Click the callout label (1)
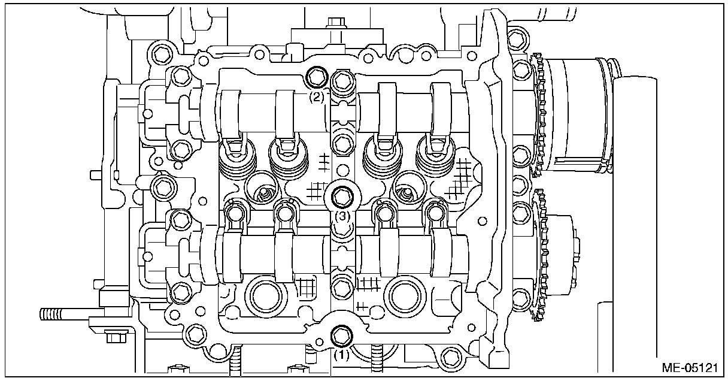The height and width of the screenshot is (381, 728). (341, 355)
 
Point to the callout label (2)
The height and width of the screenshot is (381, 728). (316, 95)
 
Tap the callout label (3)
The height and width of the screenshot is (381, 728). (341, 216)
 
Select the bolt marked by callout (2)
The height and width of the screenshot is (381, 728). (314, 77)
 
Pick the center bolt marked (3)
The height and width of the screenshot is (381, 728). (342, 195)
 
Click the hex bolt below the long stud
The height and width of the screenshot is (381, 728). (113, 338)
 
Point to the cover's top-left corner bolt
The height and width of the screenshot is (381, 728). (159, 54)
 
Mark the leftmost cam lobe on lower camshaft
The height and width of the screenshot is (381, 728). (233, 255)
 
